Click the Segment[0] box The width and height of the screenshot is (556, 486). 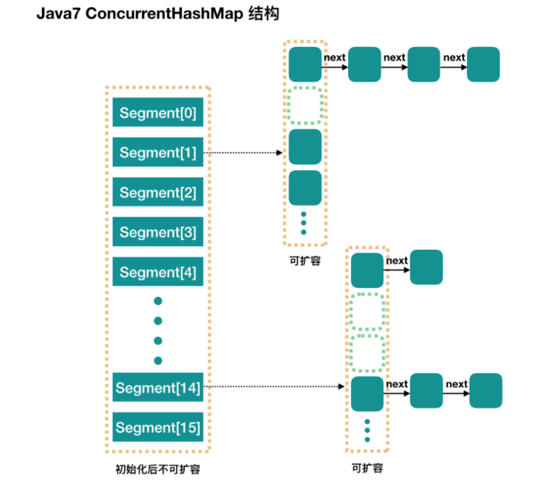click(157, 113)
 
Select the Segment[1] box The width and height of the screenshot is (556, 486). click(157, 153)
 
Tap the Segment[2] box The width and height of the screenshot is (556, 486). click(157, 193)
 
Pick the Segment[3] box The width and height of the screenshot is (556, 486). click(157, 232)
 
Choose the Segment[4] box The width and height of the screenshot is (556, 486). click(157, 272)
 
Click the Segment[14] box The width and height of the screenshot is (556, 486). click(157, 388)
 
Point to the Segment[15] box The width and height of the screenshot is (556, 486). click(157, 428)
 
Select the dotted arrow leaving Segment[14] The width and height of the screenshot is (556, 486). click(274, 387)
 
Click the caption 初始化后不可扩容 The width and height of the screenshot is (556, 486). click(157, 470)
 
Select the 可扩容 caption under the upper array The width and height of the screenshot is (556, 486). click(305, 260)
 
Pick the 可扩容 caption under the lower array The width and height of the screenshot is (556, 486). click(367, 468)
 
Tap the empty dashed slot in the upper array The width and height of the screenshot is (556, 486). click(305, 105)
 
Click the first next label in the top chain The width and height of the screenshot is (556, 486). click(335, 57)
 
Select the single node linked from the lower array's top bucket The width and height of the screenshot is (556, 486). click(426, 267)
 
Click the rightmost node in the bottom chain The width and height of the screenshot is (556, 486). click(486, 391)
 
